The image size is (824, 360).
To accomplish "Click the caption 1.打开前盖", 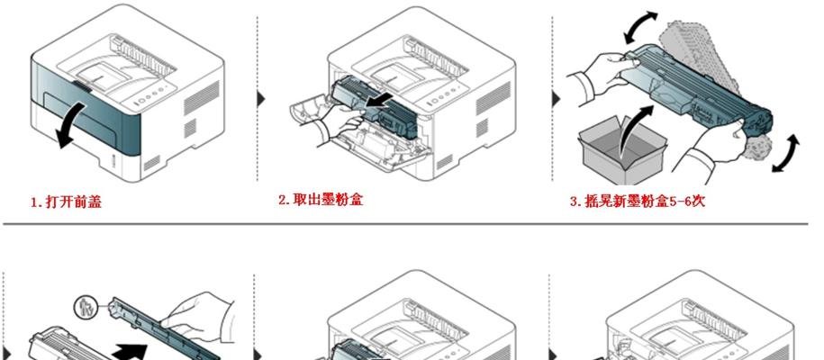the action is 66,202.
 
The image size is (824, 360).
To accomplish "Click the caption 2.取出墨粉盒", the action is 321,200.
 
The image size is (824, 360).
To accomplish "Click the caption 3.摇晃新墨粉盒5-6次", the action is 638,201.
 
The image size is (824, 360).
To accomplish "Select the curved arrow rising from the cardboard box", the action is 635,130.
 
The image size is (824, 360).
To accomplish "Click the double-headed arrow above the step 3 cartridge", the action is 640,28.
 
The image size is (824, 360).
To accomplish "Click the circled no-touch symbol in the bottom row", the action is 84,308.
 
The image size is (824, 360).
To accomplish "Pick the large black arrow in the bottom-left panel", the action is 131,350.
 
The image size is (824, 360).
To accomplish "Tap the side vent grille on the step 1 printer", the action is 200,98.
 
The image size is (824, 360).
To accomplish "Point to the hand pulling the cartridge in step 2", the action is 340,126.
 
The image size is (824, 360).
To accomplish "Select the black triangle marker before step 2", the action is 260,99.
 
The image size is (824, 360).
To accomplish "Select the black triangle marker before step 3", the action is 555,99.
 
